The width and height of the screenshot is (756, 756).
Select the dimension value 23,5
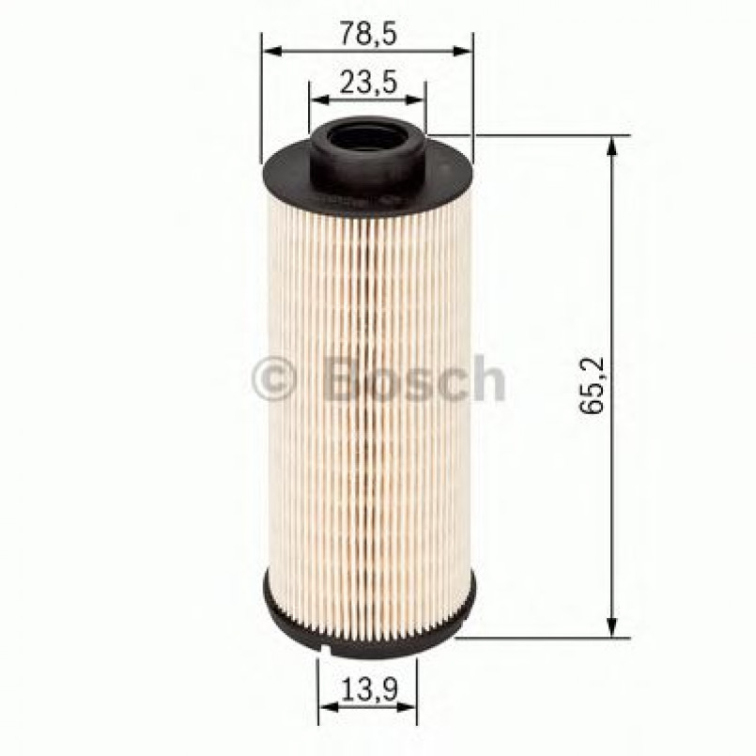369,82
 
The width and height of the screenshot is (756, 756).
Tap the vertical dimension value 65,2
592,386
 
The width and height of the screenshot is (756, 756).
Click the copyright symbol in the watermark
274,379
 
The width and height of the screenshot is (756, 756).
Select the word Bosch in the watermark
413,378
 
